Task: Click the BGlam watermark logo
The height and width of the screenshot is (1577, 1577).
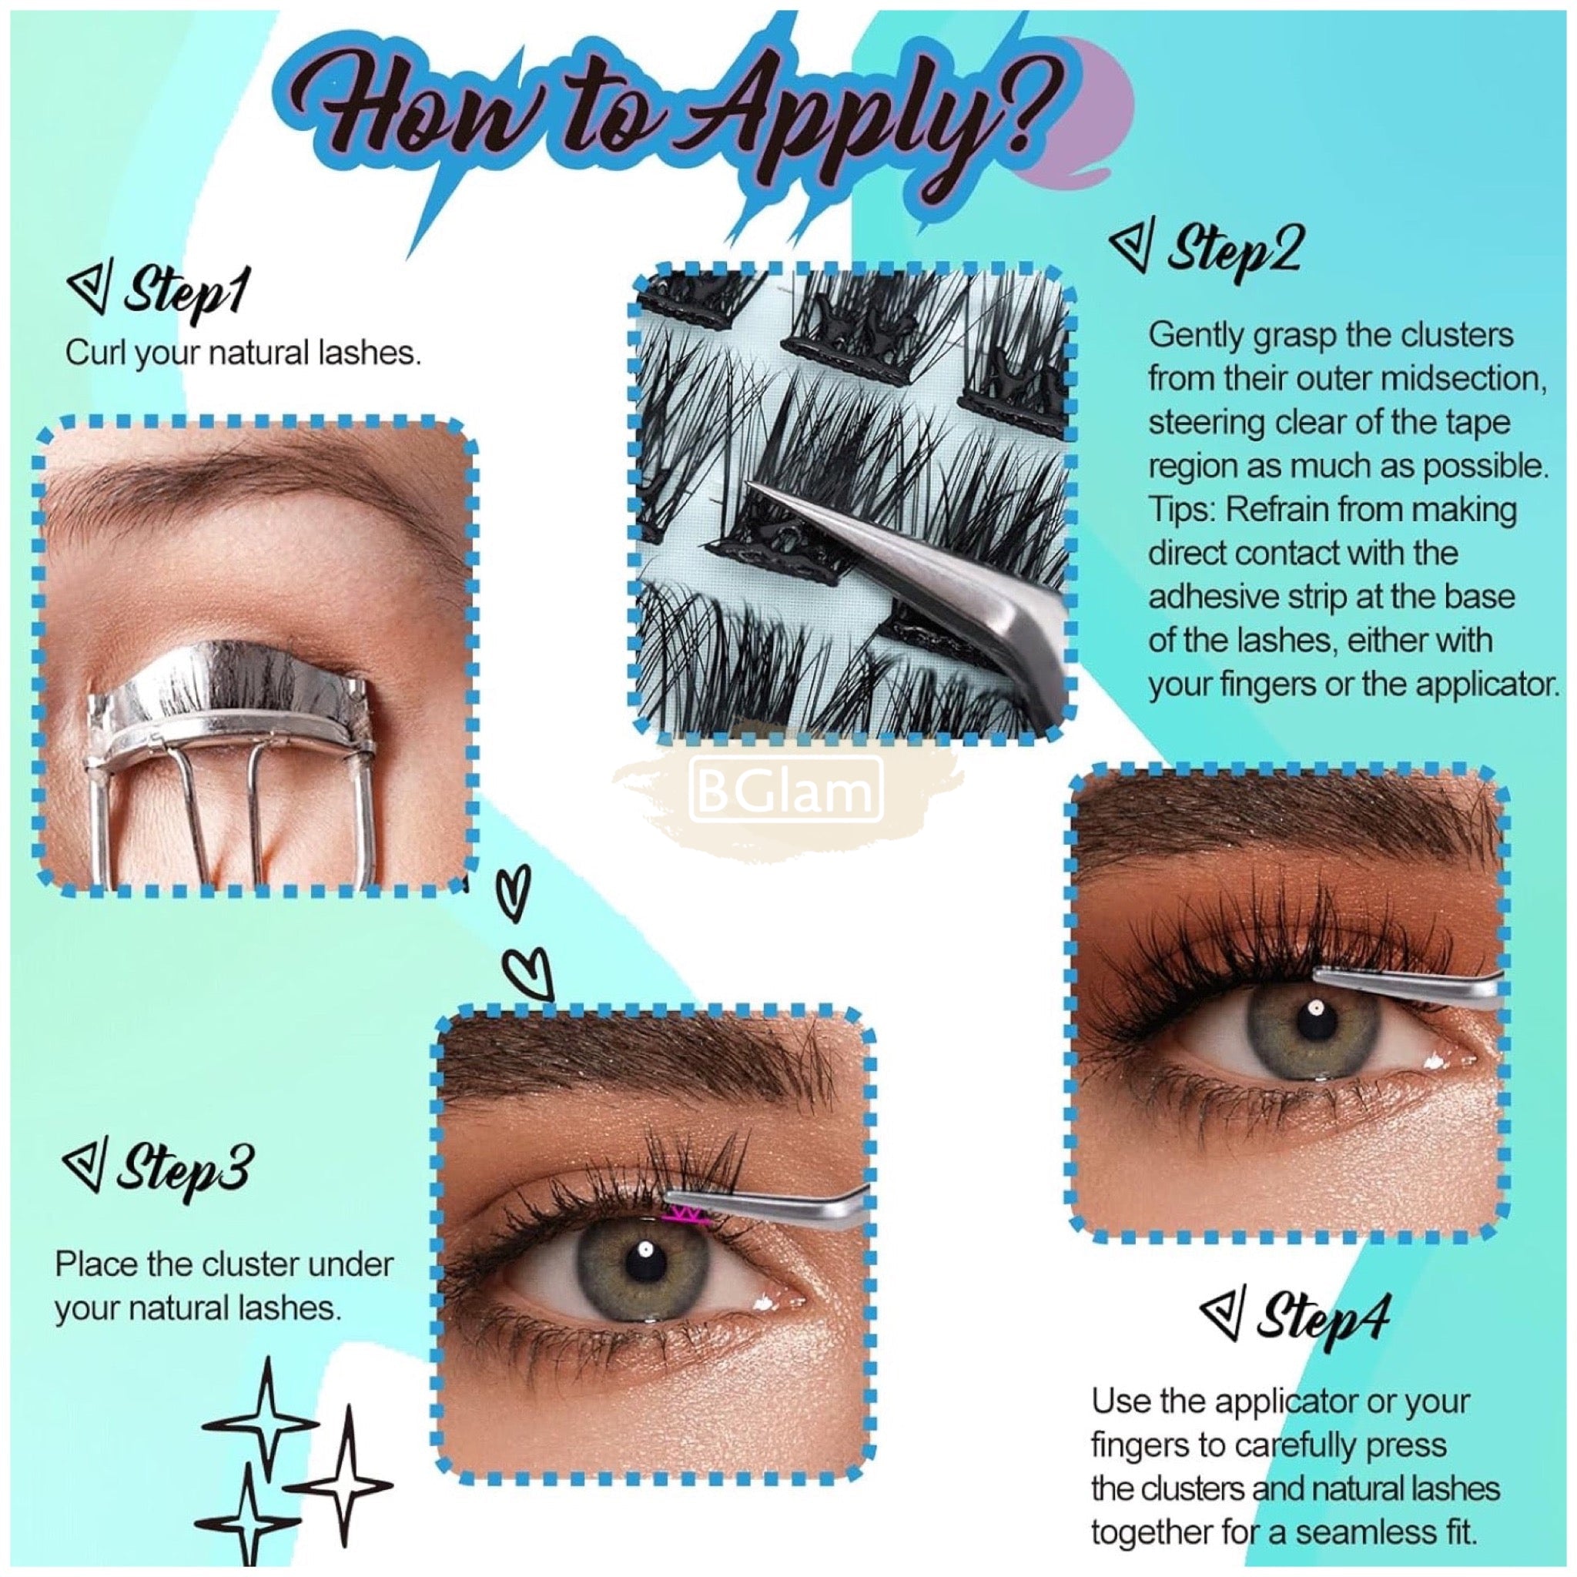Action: [787, 790]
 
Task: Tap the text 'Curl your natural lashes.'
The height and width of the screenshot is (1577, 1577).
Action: [243, 355]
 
